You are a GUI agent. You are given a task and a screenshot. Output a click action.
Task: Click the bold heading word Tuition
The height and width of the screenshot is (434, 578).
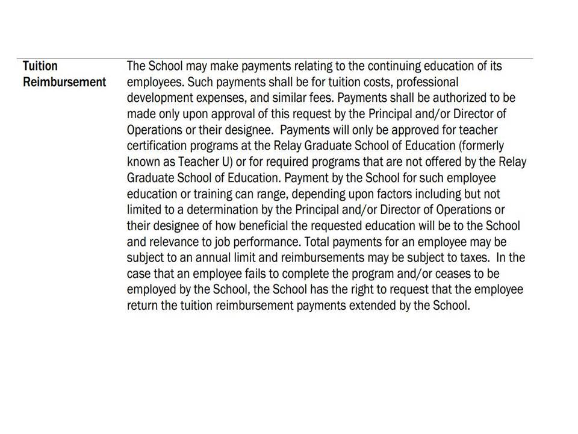coord(40,66)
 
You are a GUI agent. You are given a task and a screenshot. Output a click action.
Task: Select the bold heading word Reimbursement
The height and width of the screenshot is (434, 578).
coord(64,82)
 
